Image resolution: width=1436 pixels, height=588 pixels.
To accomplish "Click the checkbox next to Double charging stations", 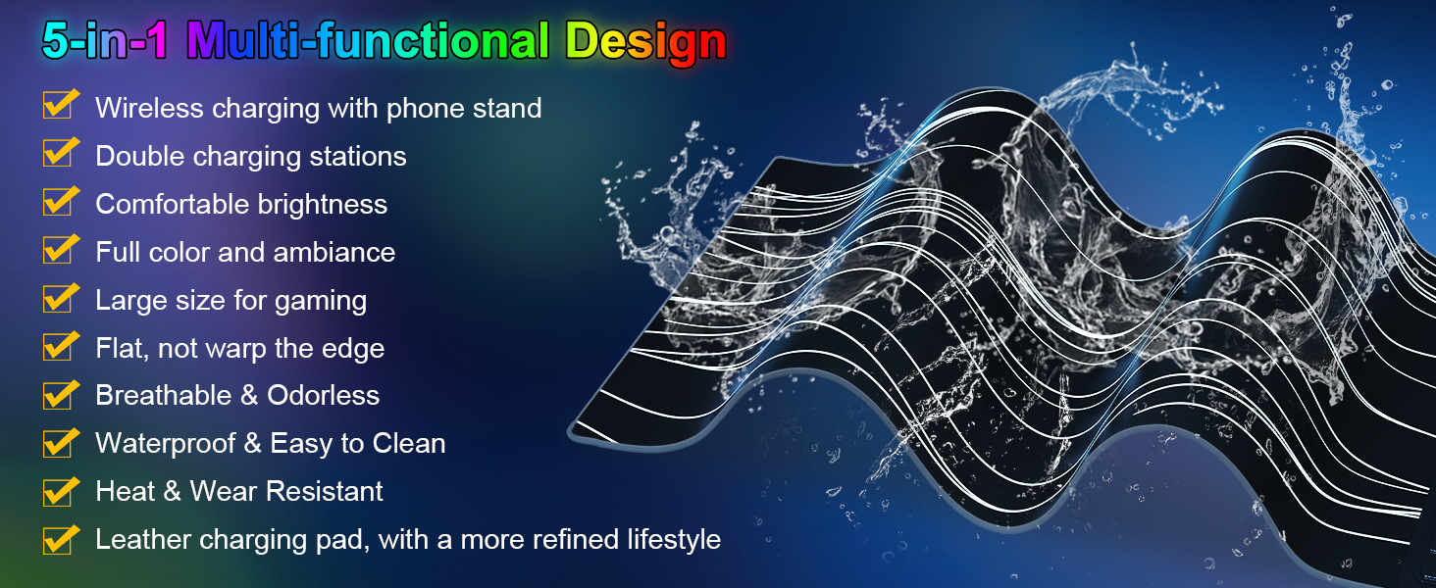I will (x=58, y=155).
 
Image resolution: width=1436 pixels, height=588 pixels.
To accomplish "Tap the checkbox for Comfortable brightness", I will (x=58, y=203).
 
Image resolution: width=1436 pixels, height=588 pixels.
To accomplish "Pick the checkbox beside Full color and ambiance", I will (x=58, y=251).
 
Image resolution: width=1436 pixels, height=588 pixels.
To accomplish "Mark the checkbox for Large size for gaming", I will (x=58, y=299).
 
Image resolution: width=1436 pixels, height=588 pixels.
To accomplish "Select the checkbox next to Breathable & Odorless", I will (x=58, y=395).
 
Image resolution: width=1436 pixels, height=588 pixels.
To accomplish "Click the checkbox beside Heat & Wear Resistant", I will (x=58, y=491).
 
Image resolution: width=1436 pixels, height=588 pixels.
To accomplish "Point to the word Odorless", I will (x=323, y=395).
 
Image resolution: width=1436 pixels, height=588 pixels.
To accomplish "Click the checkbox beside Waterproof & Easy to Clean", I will (x=58, y=443).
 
